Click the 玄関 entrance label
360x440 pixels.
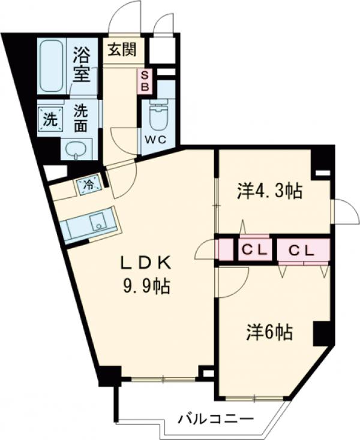tap(121, 49)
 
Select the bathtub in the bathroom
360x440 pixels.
tap(52, 66)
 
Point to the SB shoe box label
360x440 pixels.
tap(145, 81)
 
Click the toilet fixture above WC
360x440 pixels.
tap(158, 117)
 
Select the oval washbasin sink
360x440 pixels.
tap(74, 150)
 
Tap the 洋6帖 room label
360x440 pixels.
tap(269, 331)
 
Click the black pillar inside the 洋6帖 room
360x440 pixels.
tap(321, 333)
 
